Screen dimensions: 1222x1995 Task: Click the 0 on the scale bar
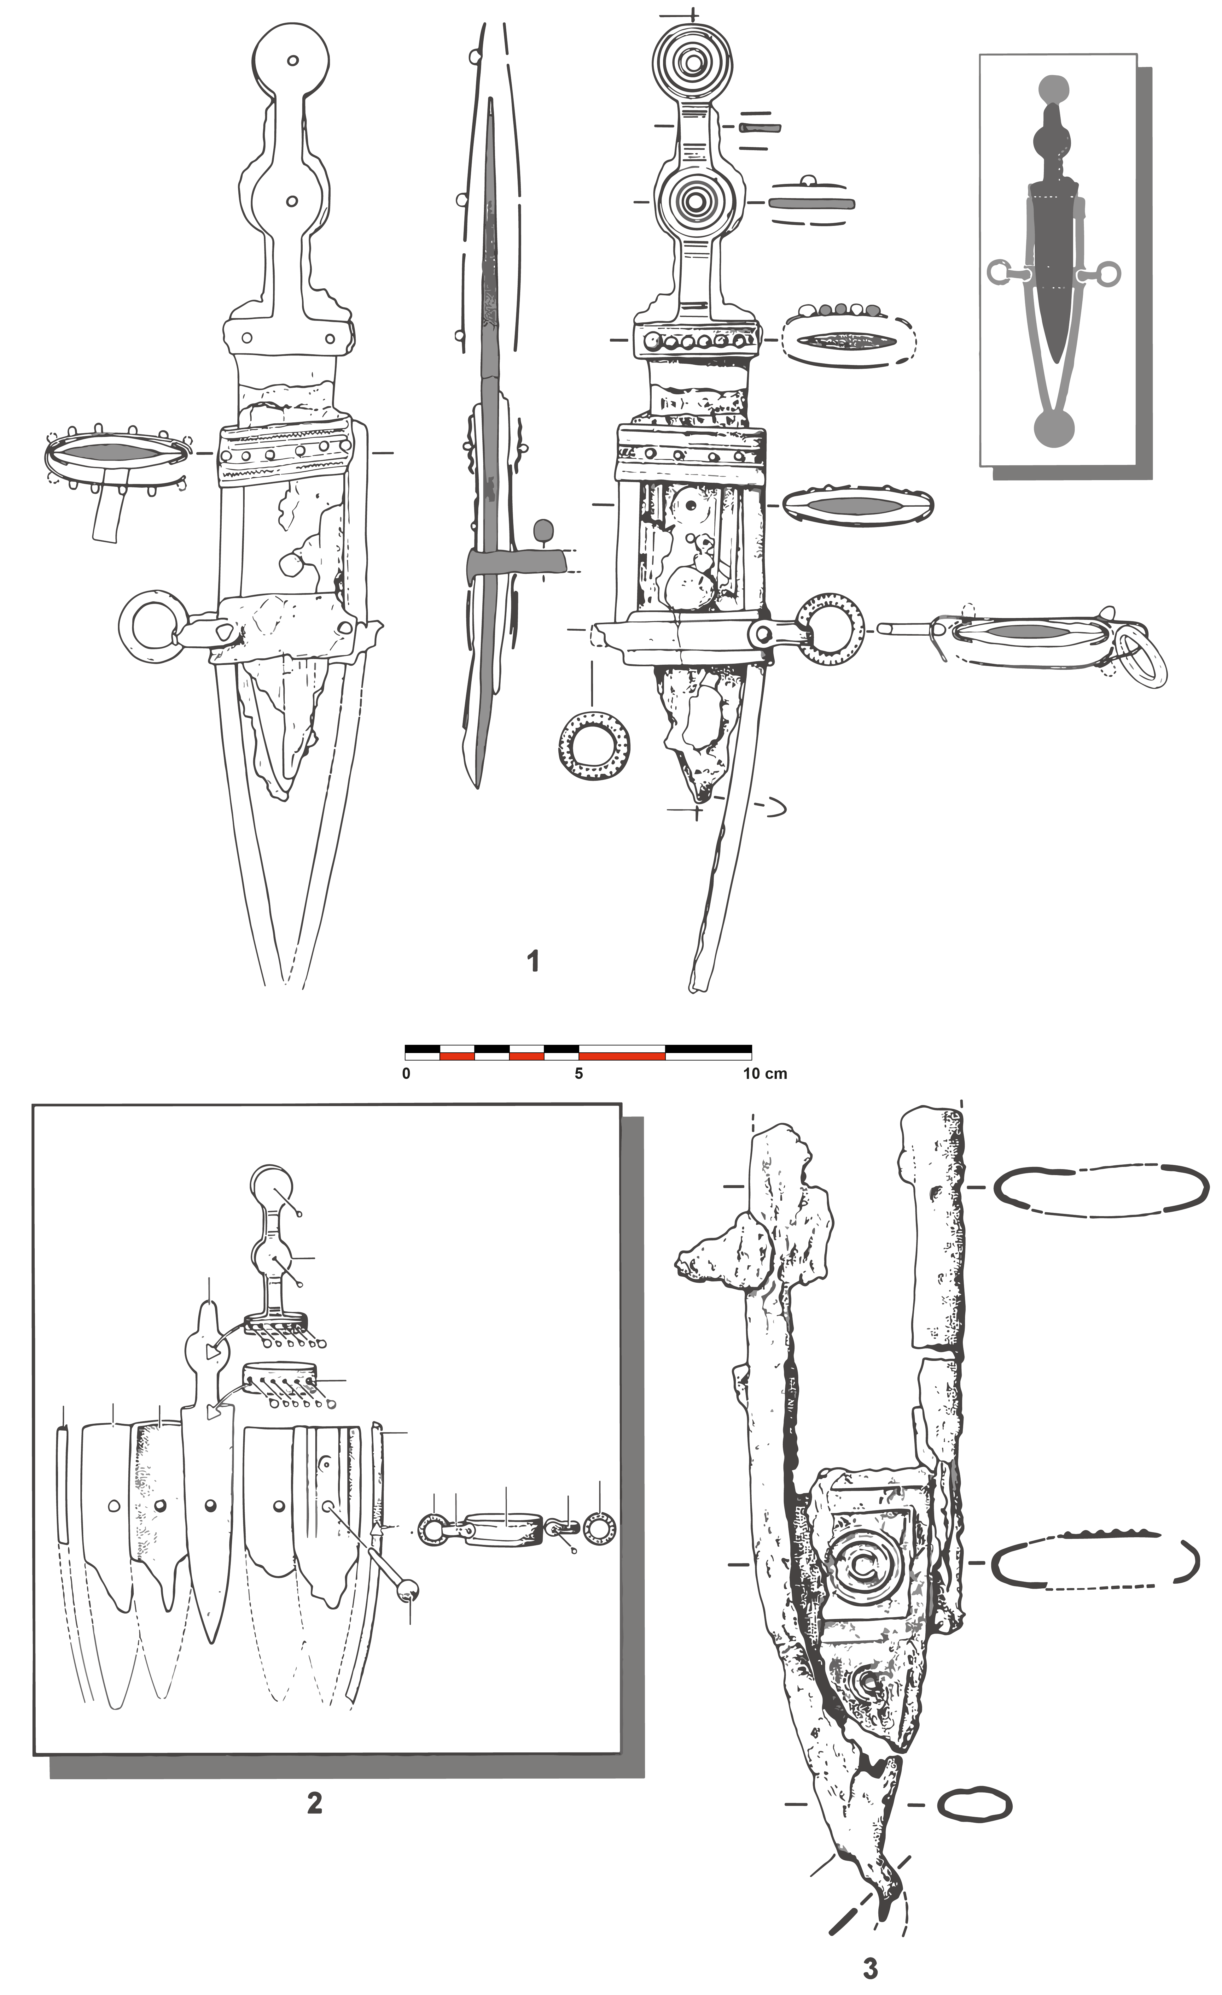(x=406, y=1074)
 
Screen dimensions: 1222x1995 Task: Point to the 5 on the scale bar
(x=579, y=1074)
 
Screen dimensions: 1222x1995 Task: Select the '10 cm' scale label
(x=765, y=1074)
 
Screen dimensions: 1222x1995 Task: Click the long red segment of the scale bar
(x=621, y=1056)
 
